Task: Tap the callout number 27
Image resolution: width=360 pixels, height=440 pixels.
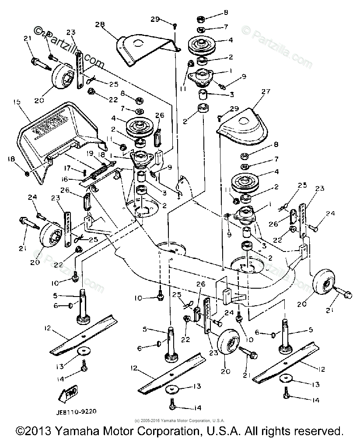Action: pos(264,92)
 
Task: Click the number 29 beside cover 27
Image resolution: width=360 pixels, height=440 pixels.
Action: pos(234,108)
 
